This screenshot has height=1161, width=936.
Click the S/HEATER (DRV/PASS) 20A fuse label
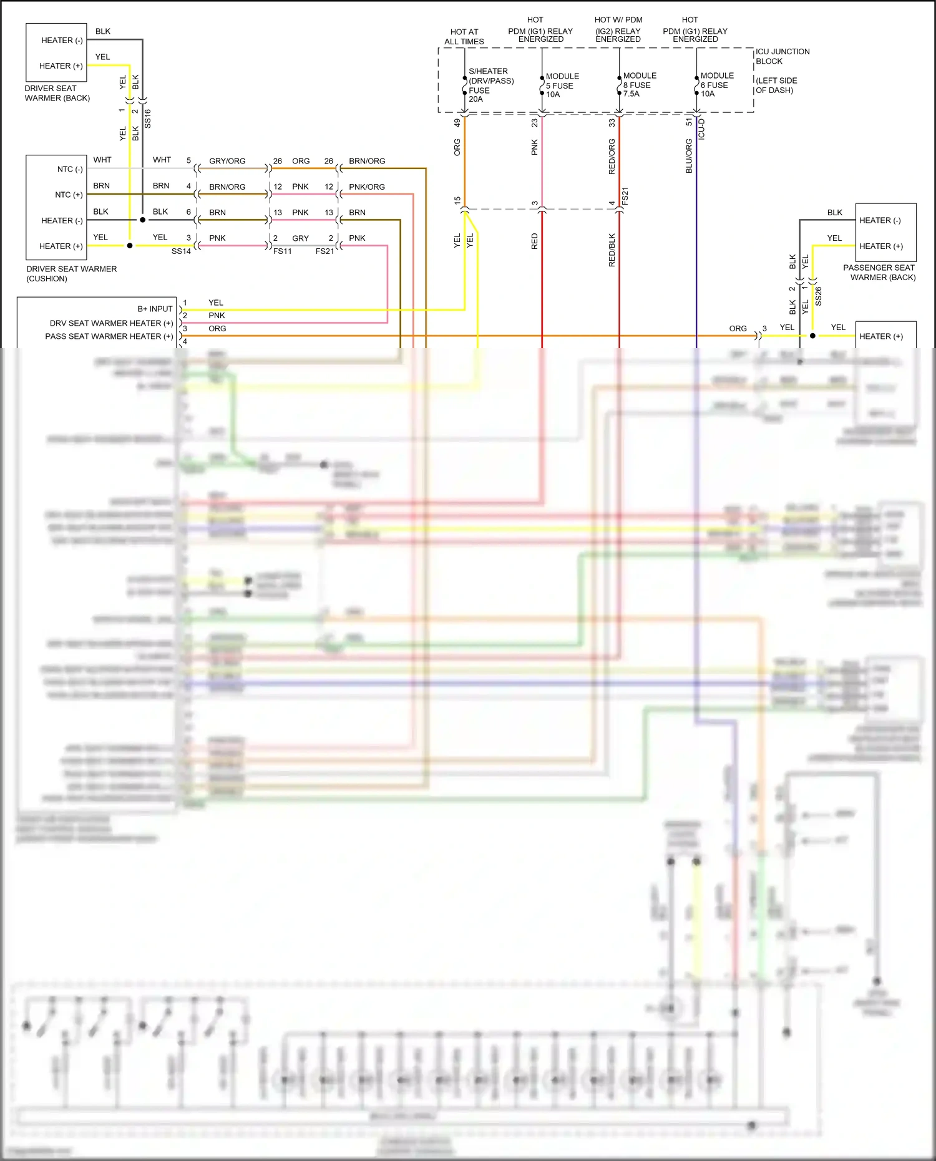pyautogui.click(x=490, y=85)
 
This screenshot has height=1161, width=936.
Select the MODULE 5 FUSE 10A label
pyautogui.click(x=562, y=85)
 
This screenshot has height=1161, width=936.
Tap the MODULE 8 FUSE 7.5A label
pyautogui.click(x=639, y=85)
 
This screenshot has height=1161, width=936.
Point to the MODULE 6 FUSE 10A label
pyautogui.click(x=716, y=85)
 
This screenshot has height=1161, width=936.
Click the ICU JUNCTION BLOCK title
pyautogui.click(x=782, y=56)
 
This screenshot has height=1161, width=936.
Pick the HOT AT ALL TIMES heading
pyautogui.click(x=464, y=37)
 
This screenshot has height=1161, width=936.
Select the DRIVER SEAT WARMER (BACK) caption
pyautogui.click(x=57, y=93)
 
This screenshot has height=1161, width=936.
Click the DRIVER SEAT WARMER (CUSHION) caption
pyautogui.click(x=71, y=273)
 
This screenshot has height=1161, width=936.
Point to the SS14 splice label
pyautogui.click(x=181, y=251)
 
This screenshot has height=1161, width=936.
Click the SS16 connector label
pyautogui.click(x=148, y=119)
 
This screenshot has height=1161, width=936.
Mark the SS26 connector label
pyautogui.click(x=819, y=296)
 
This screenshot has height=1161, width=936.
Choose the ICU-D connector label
pyautogui.click(x=701, y=129)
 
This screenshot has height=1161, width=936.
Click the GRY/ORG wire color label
pyautogui.click(x=227, y=161)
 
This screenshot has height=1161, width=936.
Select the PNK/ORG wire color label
pyautogui.click(x=367, y=187)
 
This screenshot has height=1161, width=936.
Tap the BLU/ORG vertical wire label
pyautogui.click(x=689, y=156)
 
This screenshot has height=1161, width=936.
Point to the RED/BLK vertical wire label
pyautogui.click(x=612, y=250)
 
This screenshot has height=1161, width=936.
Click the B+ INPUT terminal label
pyautogui.click(x=155, y=309)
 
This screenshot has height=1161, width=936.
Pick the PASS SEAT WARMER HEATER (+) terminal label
pyautogui.click(x=109, y=336)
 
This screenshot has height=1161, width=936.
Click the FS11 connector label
pyautogui.click(x=282, y=251)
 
